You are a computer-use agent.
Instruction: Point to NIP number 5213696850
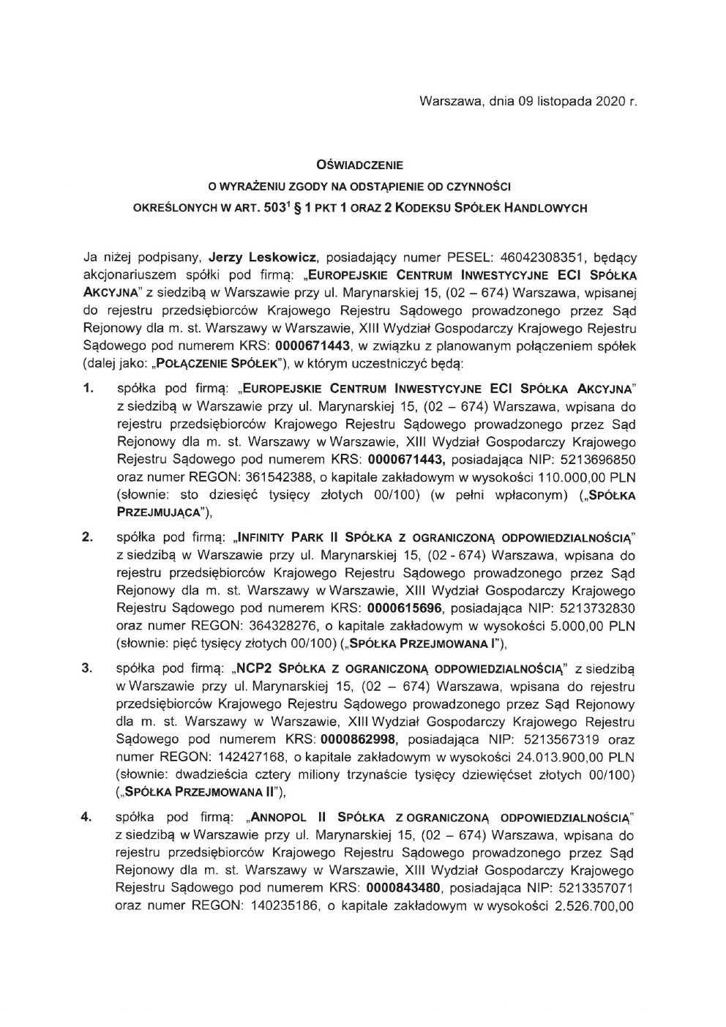(x=599, y=460)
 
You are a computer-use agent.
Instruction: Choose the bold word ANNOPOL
(x=281, y=816)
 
